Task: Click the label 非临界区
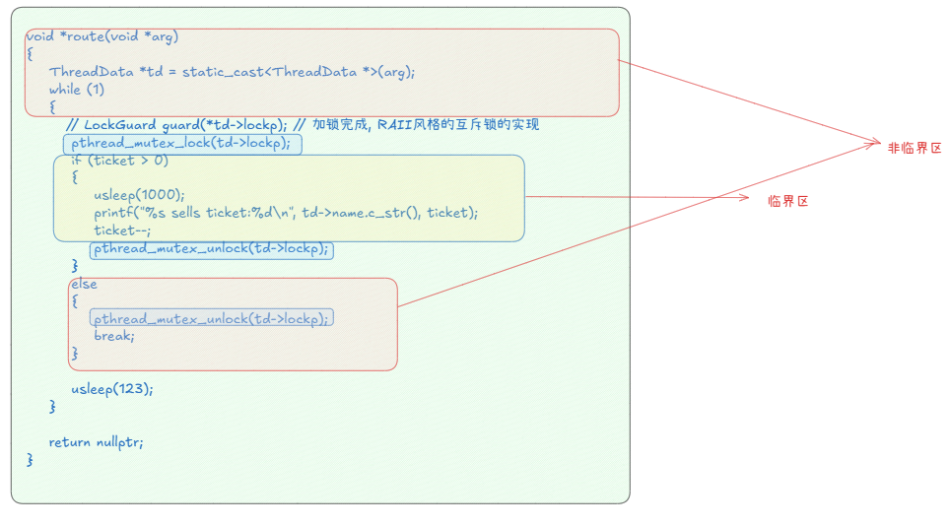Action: pos(914,149)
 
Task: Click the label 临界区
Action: pos(788,201)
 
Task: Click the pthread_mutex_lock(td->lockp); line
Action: pos(182,143)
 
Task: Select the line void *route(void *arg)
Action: pos(102,36)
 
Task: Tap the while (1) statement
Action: pos(77,90)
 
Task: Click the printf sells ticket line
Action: pos(286,213)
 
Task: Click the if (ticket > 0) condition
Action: pos(119,161)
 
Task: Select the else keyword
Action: pos(84,284)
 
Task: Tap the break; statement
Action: pos(114,336)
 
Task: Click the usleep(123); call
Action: pos(112,389)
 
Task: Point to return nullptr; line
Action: pos(96,442)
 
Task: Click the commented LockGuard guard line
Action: pos(177,125)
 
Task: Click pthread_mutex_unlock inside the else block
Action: pos(211,318)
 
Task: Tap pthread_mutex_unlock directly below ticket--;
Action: pos(211,248)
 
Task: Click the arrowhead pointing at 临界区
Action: pos(748,198)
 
